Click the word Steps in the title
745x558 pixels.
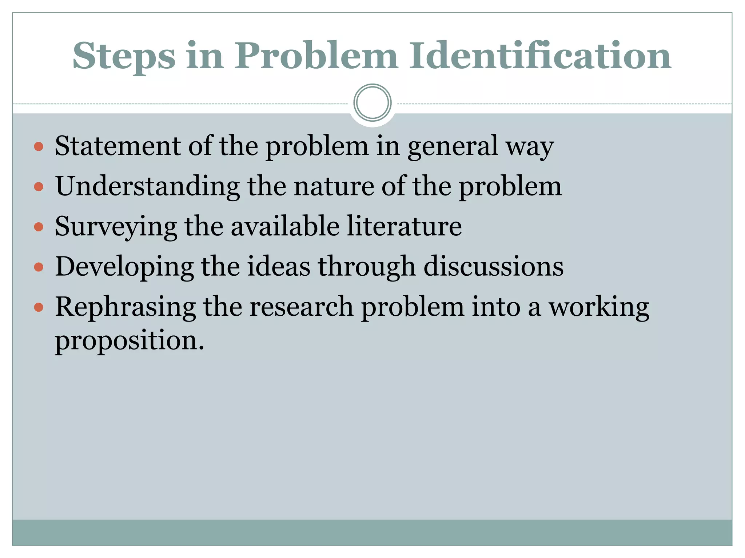(x=124, y=56)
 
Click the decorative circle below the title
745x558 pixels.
(x=372, y=103)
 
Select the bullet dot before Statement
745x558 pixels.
(x=39, y=147)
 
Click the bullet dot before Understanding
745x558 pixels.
(x=39, y=187)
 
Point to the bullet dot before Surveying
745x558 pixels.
(x=39, y=227)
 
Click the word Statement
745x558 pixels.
(x=117, y=146)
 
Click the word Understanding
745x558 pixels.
(x=147, y=186)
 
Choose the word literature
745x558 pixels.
(x=404, y=226)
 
